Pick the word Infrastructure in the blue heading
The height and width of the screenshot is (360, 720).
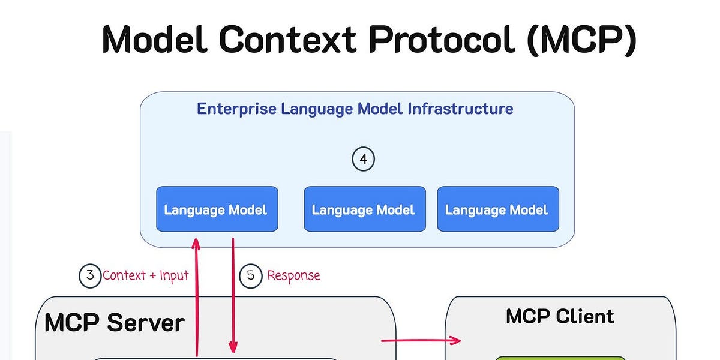pos(460,109)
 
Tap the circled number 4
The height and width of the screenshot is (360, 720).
pos(363,160)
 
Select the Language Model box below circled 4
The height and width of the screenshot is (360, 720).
pos(364,209)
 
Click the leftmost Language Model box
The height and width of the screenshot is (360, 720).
pos(217,209)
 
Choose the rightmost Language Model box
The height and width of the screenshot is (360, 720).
pos(497,209)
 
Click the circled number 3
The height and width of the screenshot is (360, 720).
pos(90,275)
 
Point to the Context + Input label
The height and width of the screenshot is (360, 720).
pos(145,275)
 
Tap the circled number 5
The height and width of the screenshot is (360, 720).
pos(251,275)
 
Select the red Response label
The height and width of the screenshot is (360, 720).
pos(293,275)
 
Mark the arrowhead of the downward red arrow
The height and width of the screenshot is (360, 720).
pos(233,347)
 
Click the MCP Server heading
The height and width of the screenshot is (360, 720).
pos(114,323)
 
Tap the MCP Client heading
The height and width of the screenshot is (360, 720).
pos(560,316)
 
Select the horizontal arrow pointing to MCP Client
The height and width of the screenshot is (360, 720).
pos(420,341)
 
